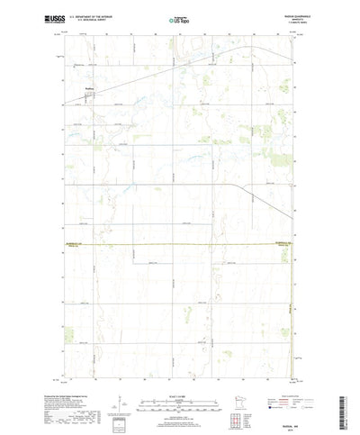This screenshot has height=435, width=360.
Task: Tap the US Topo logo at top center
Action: coord(178,18)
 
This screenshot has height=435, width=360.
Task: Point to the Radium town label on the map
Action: coord(89,87)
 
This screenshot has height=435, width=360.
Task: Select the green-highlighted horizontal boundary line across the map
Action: coord(180,245)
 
